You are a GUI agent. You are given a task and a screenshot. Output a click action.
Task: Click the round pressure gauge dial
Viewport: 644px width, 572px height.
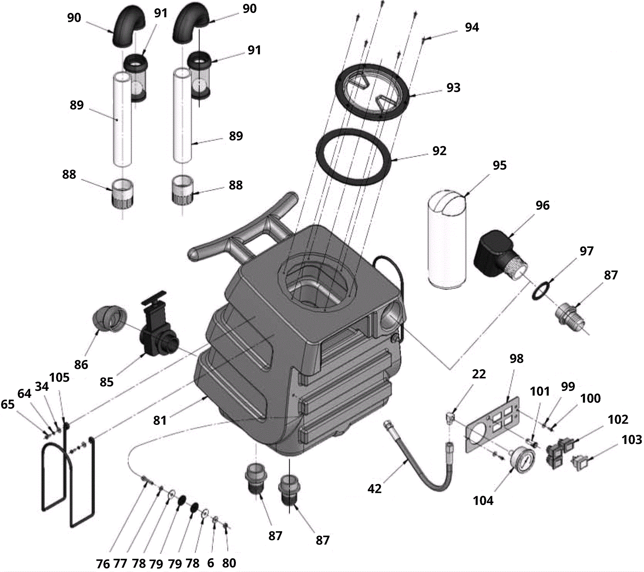(522, 460)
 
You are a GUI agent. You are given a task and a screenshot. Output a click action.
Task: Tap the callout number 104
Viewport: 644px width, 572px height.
(483, 501)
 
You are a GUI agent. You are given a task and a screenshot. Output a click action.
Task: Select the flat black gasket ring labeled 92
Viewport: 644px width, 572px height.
(354, 156)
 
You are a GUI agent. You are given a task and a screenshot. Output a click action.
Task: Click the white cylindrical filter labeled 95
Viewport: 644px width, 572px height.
(446, 238)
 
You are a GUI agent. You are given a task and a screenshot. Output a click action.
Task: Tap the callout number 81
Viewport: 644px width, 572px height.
(160, 420)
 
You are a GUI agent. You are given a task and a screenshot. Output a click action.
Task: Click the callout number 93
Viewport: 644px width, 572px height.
(454, 88)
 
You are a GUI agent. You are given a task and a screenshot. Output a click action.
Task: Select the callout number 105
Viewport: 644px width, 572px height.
(59, 378)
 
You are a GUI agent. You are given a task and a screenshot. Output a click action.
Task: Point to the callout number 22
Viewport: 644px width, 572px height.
(479, 374)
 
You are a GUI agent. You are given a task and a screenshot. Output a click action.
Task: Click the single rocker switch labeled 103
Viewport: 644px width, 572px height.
(581, 462)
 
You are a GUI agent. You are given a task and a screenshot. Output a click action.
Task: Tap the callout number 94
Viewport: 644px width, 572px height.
(472, 27)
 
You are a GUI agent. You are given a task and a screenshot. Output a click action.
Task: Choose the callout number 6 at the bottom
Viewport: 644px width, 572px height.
(211, 563)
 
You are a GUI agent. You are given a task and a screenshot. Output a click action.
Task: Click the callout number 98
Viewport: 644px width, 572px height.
(517, 359)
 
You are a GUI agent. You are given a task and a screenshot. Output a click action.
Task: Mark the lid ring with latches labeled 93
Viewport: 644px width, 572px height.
(373, 92)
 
